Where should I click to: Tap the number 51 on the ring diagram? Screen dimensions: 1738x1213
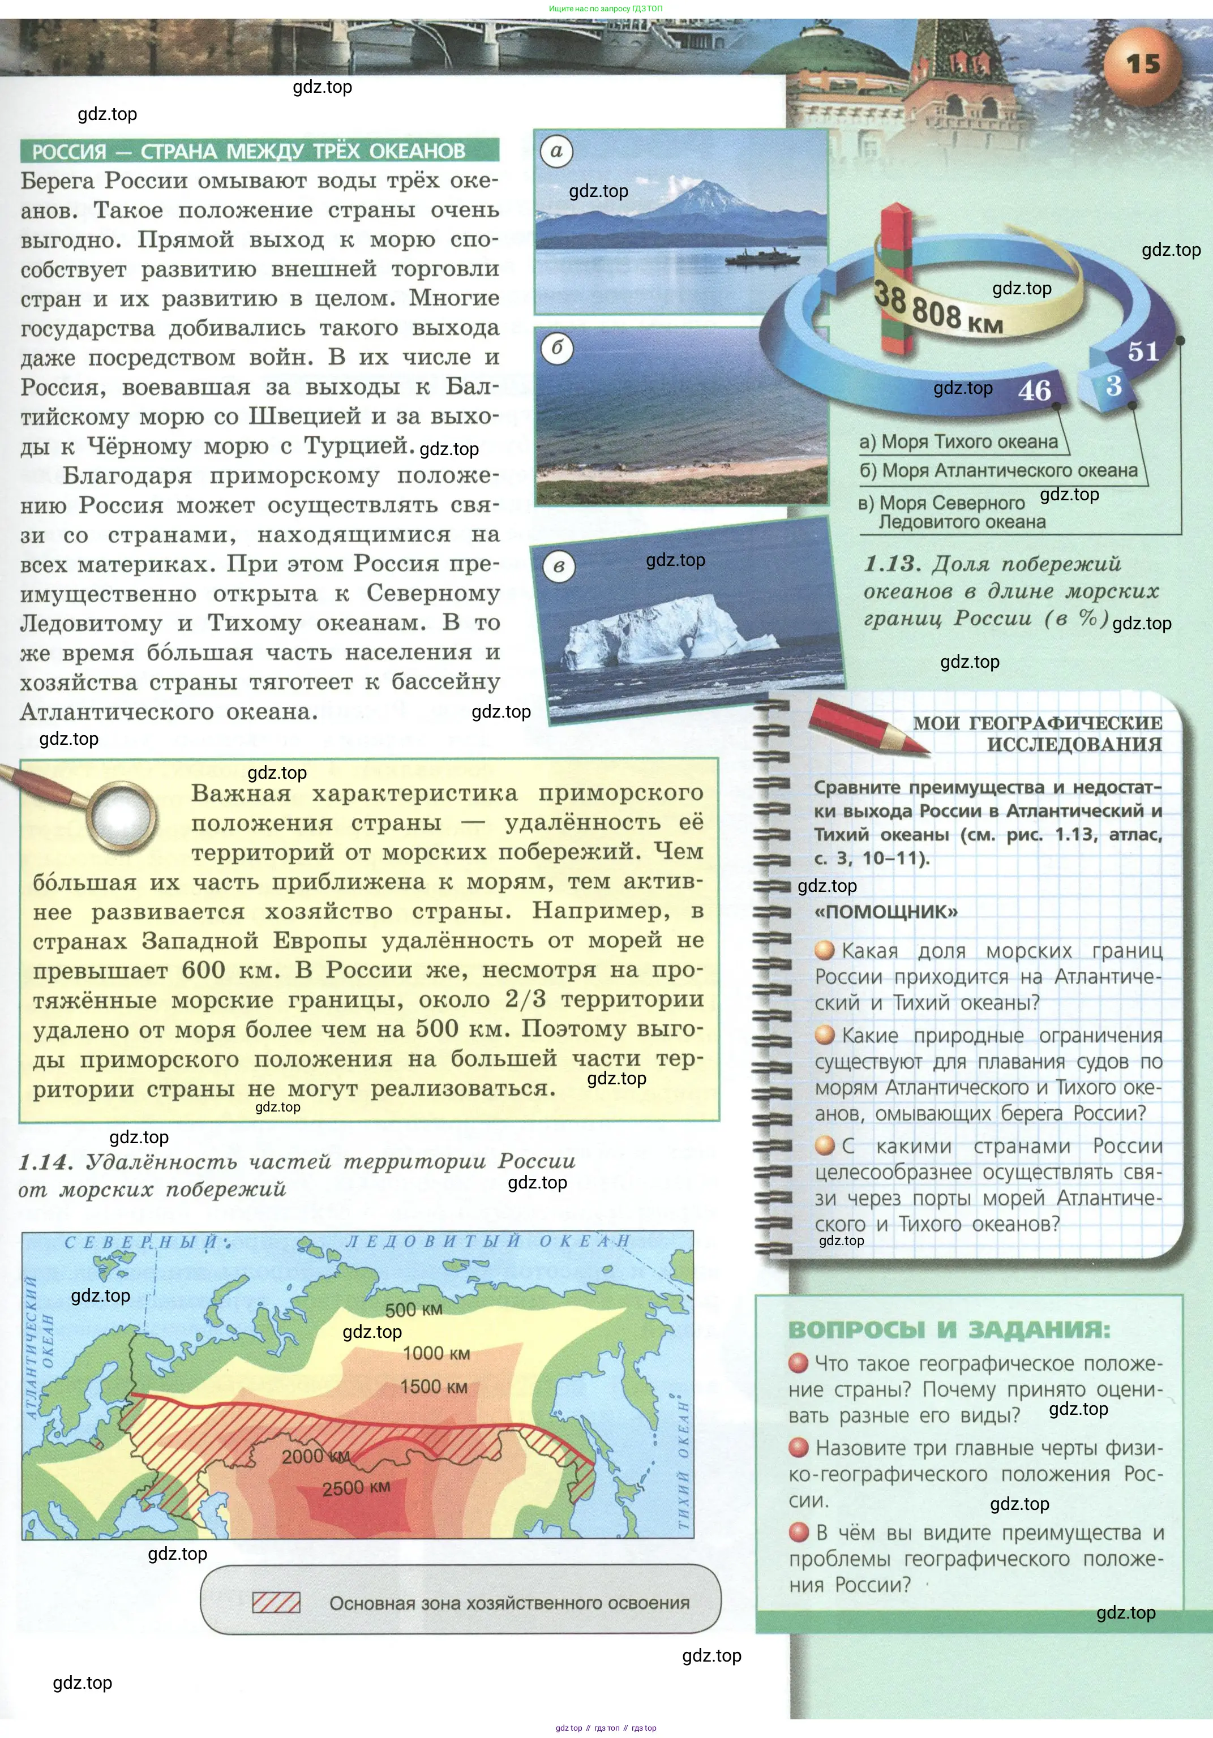coord(1143,351)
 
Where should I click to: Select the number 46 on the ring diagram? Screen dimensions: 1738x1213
coord(1034,390)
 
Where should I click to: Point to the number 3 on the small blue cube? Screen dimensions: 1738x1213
coord(1113,386)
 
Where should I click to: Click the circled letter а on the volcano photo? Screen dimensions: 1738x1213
coord(556,151)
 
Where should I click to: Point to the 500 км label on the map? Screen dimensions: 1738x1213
coord(413,1310)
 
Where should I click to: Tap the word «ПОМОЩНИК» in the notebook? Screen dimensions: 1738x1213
coord(886,911)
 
